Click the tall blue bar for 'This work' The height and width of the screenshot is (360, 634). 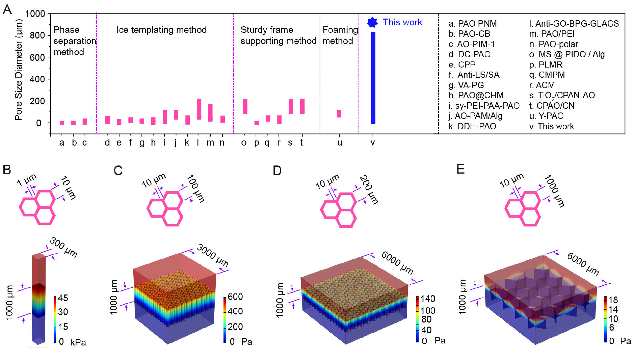click(373, 78)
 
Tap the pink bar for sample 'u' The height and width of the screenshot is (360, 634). click(339, 113)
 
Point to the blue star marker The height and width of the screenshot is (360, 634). click(372, 23)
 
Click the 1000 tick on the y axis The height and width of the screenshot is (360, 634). click(35, 14)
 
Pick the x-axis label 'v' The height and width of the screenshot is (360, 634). click(373, 143)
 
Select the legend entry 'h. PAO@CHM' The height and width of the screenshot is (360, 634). click(476, 96)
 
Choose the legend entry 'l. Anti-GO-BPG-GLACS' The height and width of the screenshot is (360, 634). click(574, 24)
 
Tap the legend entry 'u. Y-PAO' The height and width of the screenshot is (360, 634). click(546, 116)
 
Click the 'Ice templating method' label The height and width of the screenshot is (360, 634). click(161, 30)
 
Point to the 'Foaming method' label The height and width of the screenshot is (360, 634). click(340, 35)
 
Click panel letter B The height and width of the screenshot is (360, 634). click(7, 170)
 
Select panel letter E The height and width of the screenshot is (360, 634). click(460, 169)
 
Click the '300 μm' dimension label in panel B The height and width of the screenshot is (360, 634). click(63, 247)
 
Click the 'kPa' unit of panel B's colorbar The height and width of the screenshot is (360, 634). click(78, 342)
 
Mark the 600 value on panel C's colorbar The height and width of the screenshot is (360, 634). click(235, 297)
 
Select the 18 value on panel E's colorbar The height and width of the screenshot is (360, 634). click(613, 300)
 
